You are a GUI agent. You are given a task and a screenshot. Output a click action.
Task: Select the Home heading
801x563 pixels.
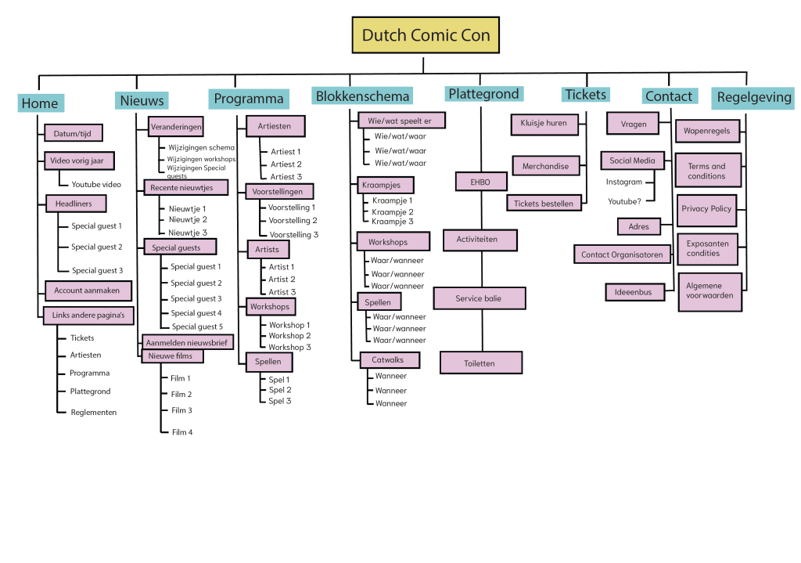point(40,103)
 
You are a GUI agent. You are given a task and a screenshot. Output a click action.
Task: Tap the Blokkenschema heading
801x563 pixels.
point(362,96)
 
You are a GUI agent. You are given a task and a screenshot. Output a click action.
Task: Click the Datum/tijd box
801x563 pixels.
point(72,133)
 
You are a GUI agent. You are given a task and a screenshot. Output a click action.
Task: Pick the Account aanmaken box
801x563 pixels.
point(87,291)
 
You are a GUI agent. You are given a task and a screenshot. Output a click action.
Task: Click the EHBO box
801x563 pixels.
point(481,182)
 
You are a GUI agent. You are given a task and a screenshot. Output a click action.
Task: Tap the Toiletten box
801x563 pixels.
point(480,363)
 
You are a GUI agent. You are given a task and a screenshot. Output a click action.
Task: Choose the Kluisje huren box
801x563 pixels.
point(544,124)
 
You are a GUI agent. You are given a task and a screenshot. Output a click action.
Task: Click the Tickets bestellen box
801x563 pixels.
point(544,204)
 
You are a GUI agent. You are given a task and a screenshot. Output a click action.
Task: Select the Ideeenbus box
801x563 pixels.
point(634,292)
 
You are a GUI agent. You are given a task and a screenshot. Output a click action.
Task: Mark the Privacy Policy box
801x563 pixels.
point(706,209)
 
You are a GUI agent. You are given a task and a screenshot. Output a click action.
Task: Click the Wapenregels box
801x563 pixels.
point(706,131)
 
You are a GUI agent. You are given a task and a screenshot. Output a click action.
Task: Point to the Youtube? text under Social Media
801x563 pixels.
point(625,202)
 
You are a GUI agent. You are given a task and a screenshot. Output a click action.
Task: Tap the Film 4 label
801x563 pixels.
point(182,432)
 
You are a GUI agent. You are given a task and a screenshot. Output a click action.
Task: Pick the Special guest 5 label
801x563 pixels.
point(197,327)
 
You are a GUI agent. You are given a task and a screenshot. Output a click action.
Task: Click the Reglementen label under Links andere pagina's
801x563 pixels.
point(93,412)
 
